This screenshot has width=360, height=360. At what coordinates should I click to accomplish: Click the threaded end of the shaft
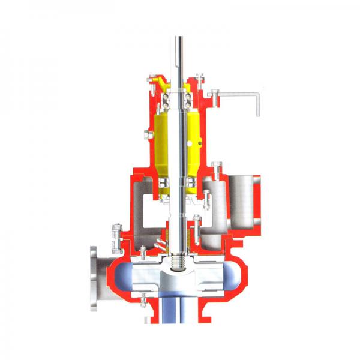(179, 262)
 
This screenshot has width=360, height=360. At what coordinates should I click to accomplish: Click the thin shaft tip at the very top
(179, 45)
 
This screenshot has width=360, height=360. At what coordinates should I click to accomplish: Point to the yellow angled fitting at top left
(154, 80)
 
